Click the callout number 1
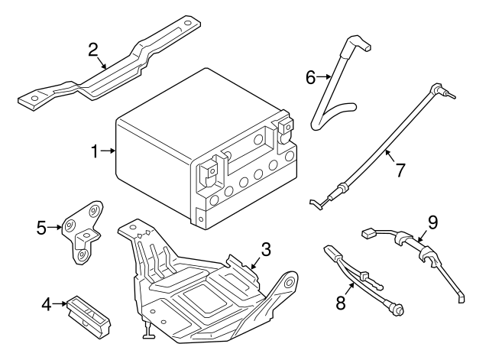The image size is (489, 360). pos(96,152)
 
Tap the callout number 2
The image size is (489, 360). pos(93,50)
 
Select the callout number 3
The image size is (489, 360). pos(266,249)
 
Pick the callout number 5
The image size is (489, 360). pos(42,227)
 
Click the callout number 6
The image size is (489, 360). pos(310,77)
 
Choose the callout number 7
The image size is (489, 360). pos(398,169)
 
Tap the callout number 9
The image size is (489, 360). pos(432,222)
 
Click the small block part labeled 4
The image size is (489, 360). pos(88,313)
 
